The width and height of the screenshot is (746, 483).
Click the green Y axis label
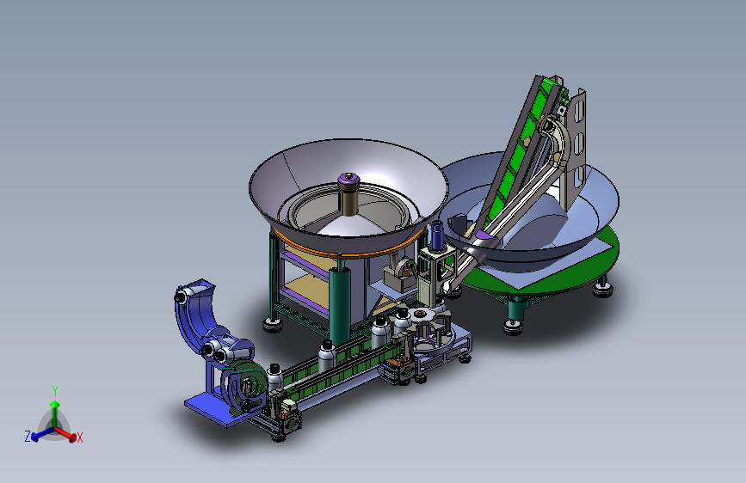pos(55,391)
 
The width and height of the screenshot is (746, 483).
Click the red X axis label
pos(80,437)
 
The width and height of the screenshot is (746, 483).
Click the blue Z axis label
pos(28,436)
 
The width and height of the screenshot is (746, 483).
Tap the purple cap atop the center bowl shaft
pos(348,180)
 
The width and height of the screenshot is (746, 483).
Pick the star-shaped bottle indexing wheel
pos(420,316)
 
